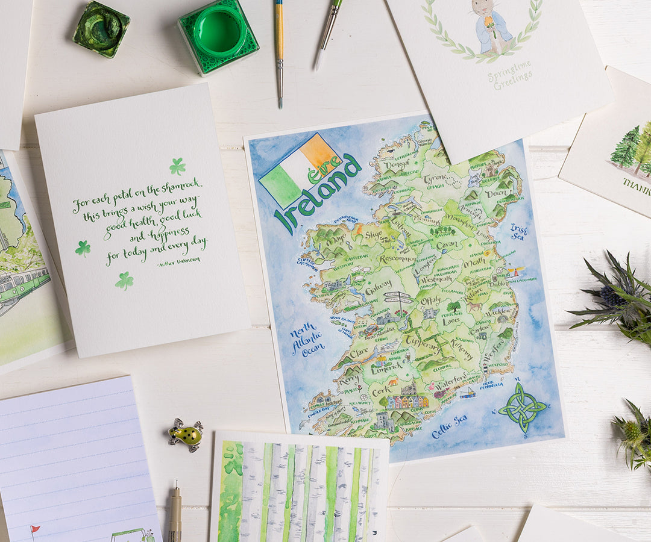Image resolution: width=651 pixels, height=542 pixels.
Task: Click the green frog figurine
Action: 186,434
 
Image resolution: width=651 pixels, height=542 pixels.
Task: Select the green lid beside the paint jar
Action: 101,28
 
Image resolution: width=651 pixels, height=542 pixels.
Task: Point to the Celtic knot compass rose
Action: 521,407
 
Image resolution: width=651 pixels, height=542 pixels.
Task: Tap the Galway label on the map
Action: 378,288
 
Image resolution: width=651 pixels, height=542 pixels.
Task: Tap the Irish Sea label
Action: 518,232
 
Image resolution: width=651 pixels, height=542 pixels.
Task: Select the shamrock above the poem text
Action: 177,166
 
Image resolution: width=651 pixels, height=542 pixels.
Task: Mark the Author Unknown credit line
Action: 178,261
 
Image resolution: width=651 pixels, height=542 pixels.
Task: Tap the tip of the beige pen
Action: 175,484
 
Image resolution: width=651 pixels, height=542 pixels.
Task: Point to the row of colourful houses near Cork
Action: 407,402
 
